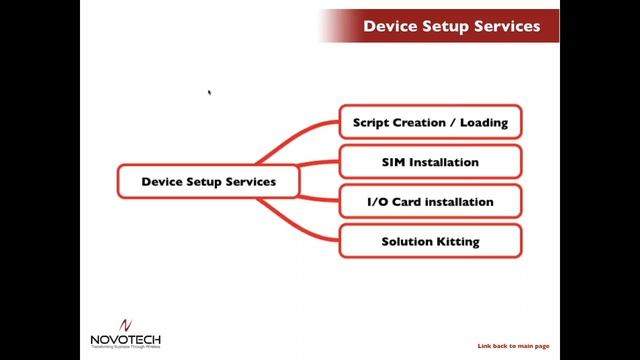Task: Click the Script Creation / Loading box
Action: coord(430,122)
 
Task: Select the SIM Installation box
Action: coord(430,162)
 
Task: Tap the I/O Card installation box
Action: coord(430,202)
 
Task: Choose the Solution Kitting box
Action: coord(430,241)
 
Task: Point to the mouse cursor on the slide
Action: coord(209,93)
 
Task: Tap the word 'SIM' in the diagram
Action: coord(394,162)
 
